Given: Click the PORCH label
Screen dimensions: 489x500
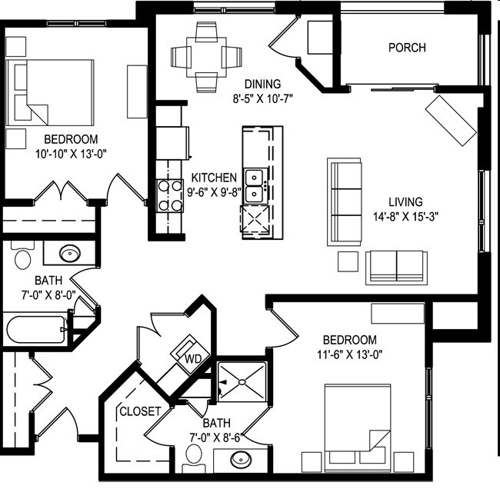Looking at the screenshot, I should (407, 48).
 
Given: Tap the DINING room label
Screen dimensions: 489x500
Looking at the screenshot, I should (263, 84).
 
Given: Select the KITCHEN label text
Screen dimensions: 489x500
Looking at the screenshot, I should (214, 178).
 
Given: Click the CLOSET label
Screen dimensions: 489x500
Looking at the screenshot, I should (139, 411).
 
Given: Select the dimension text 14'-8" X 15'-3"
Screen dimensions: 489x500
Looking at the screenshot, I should (401, 216).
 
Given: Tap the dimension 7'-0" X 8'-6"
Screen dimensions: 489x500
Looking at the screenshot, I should (215, 437).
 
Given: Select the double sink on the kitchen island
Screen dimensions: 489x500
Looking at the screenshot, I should (255, 185).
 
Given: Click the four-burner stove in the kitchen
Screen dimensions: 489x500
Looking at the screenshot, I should (168, 195).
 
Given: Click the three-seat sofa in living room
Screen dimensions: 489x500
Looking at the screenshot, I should (345, 201).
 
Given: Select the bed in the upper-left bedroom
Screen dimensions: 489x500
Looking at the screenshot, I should (52, 93).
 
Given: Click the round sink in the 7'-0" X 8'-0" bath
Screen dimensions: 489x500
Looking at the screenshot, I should (71, 254).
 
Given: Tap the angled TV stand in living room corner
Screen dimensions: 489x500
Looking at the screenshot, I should (452, 121).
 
